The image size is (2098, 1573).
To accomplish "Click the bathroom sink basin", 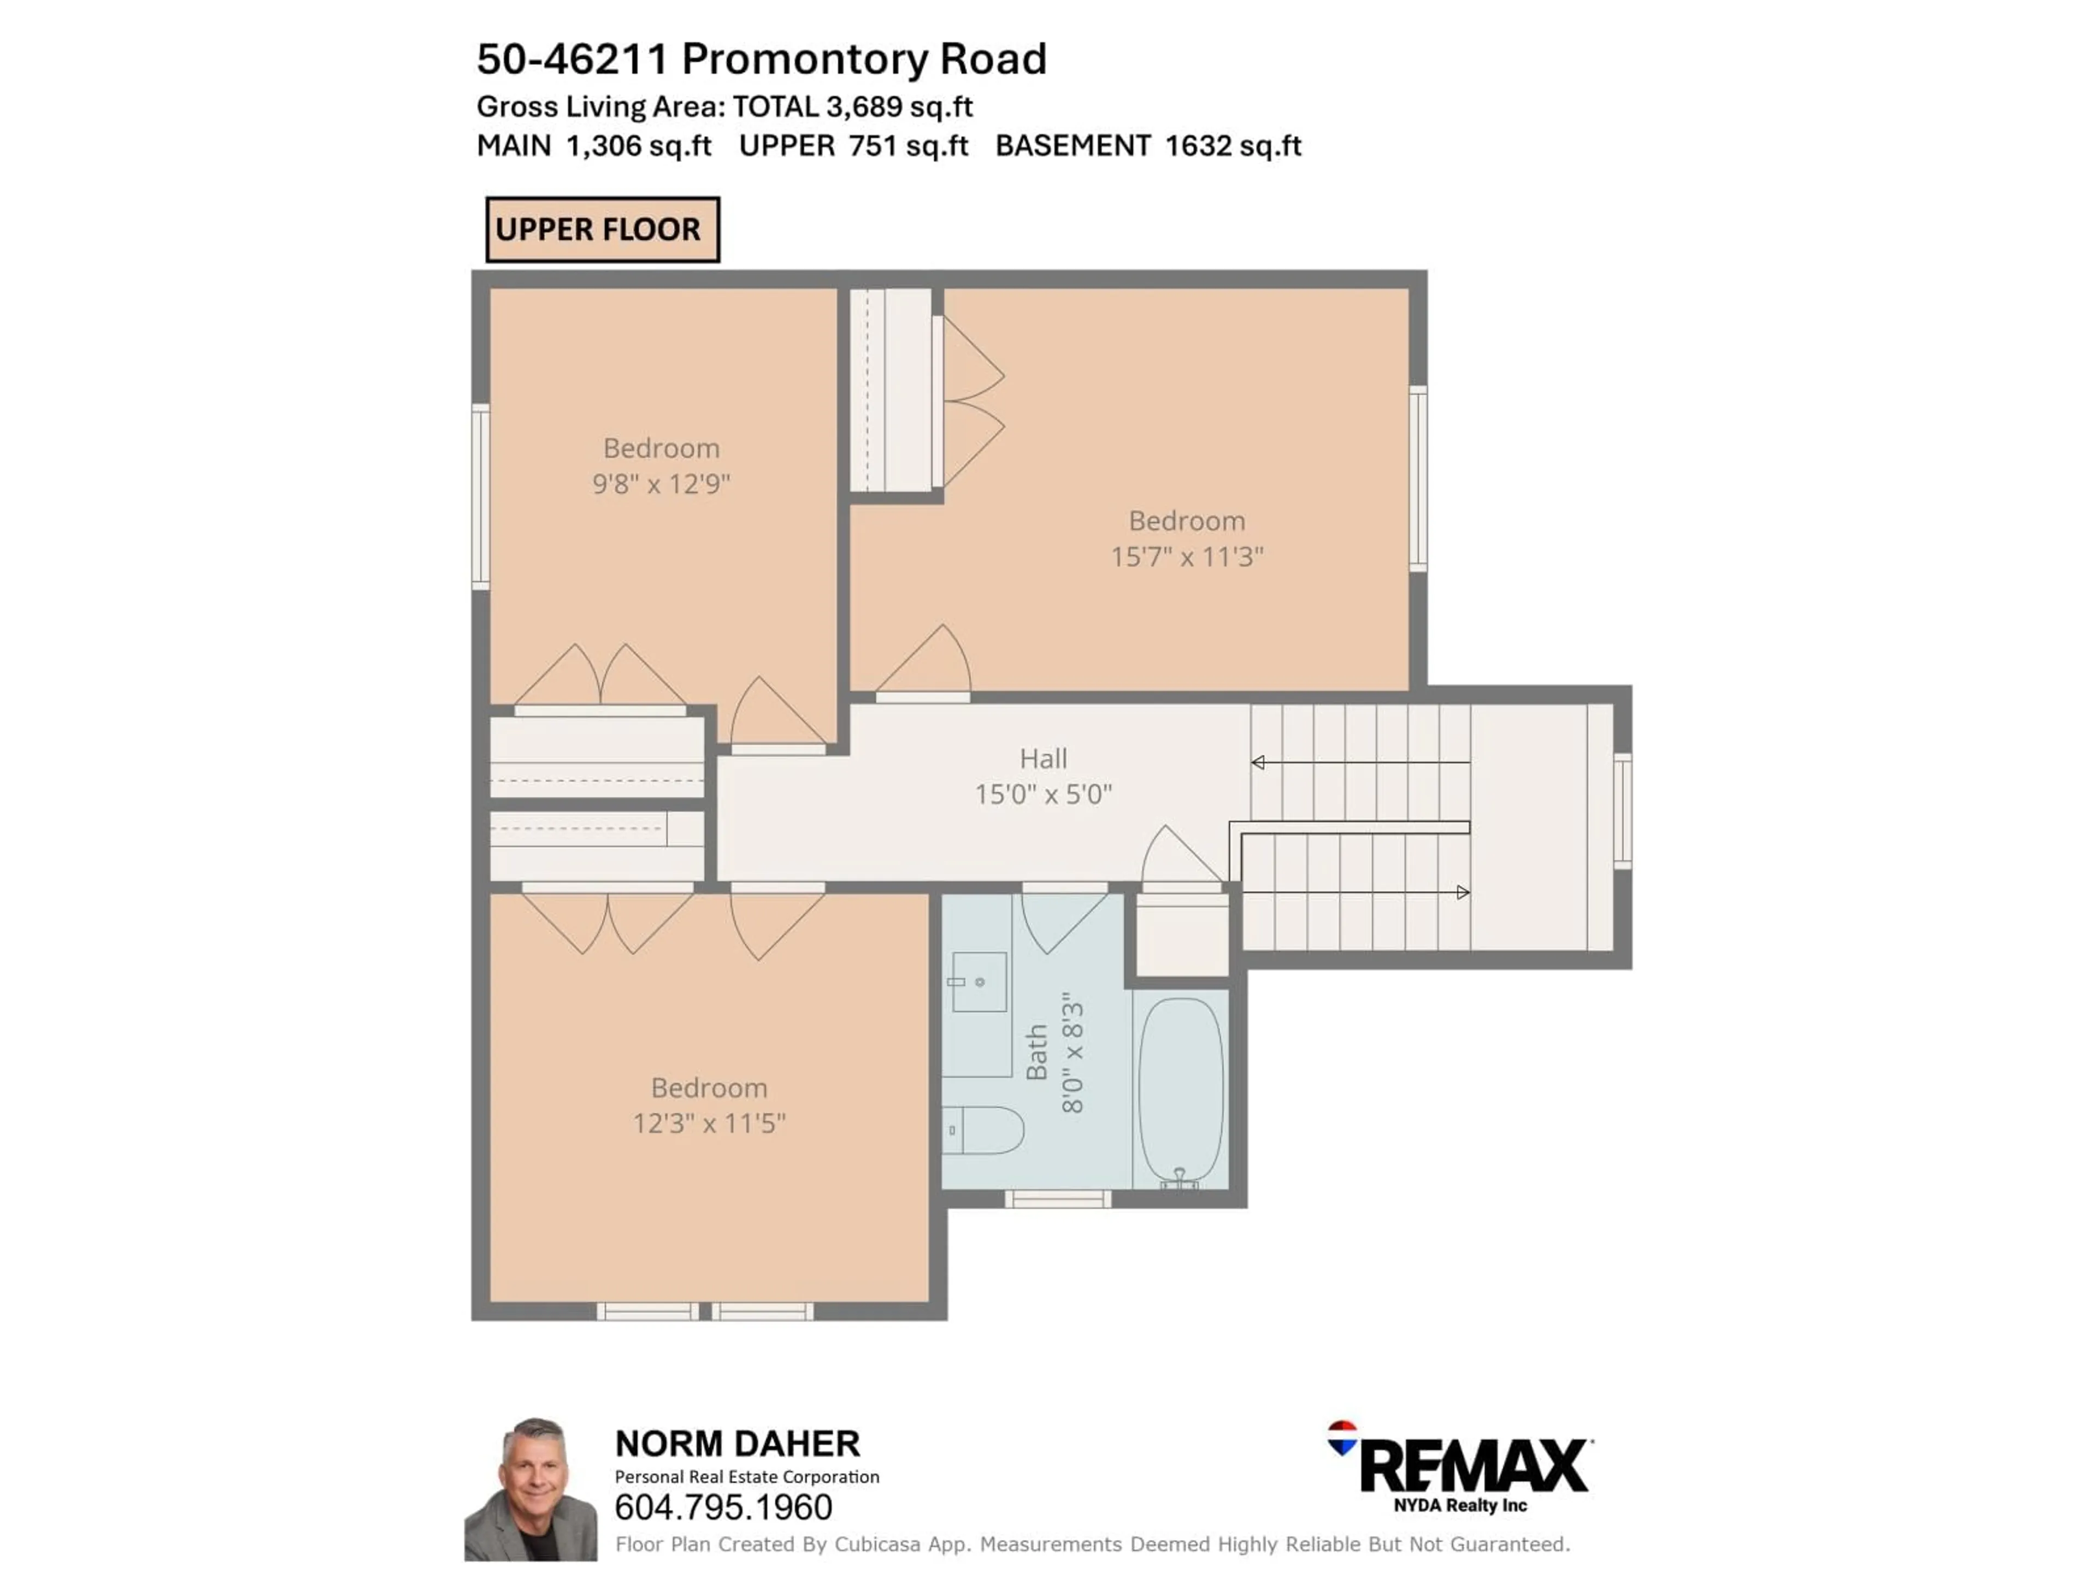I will pyautogui.click(x=979, y=981).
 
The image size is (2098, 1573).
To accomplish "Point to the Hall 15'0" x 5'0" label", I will pyautogui.click(x=1044, y=776).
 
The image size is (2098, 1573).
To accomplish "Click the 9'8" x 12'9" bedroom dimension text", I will pyautogui.click(x=661, y=483).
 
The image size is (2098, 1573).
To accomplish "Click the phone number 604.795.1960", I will pyautogui.click(x=724, y=1506).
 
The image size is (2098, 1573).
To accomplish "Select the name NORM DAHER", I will pyautogui.click(x=737, y=1444).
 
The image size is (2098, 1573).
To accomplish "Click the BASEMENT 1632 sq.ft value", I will pyautogui.click(x=1148, y=146).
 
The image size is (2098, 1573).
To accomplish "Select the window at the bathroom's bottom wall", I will pyautogui.click(x=1058, y=1199).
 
